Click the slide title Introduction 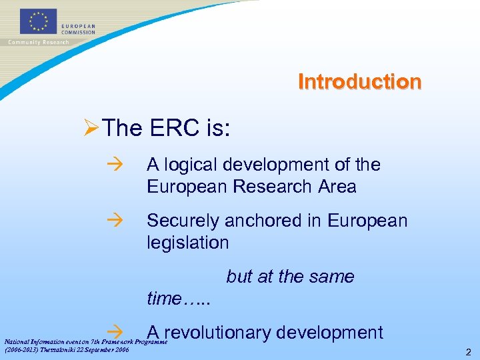click(x=359, y=82)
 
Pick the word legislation click(x=187, y=243)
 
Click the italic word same click(x=331, y=277)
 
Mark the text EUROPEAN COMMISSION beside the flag click(x=78, y=29)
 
